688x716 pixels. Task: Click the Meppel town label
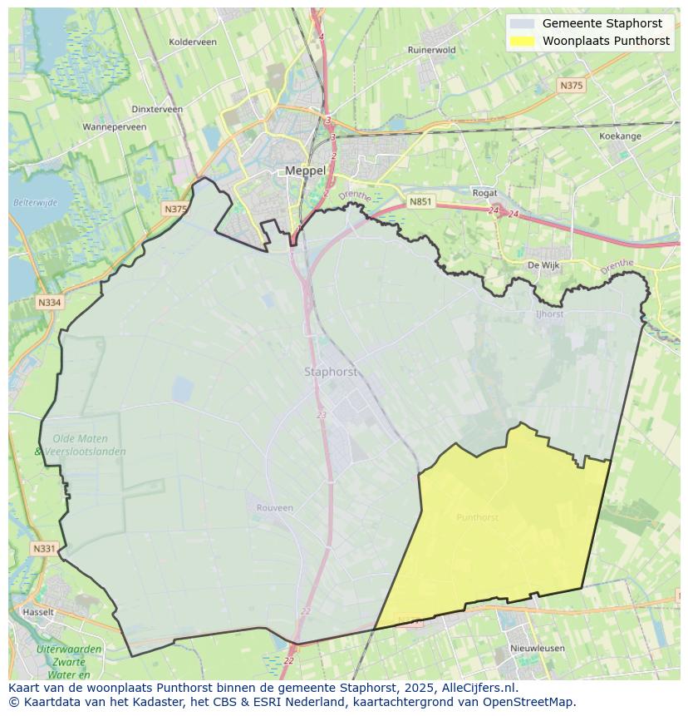[x=305, y=170]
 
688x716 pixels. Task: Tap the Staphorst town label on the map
[x=331, y=372]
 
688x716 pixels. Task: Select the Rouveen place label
[x=274, y=508]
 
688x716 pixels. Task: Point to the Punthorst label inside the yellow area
[x=478, y=517]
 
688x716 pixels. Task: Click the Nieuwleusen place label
[x=538, y=648]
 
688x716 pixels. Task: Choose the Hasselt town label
[x=38, y=611]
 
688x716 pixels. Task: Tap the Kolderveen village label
[x=192, y=42]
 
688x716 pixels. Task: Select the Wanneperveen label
[x=115, y=127]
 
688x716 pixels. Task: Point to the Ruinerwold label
[x=432, y=50]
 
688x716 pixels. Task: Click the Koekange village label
[x=620, y=136]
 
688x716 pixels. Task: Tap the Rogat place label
[x=484, y=193]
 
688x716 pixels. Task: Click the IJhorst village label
[x=549, y=314]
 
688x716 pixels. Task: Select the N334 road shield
[x=49, y=303]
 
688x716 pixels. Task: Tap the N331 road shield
[x=44, y=549]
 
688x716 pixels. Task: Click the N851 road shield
[x=420, y=201]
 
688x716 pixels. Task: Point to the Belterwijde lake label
[x=35, y=202]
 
